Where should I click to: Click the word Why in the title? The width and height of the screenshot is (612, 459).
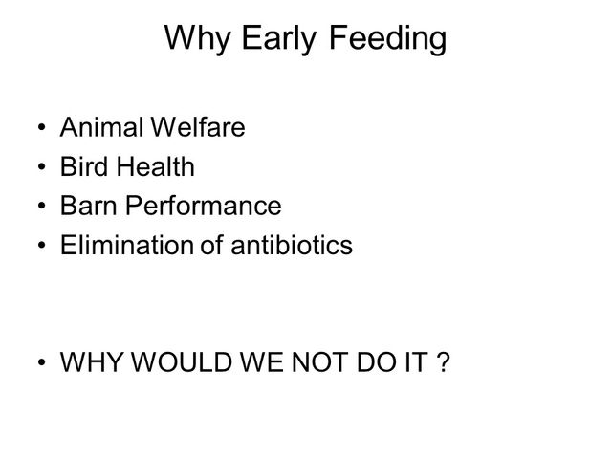197,38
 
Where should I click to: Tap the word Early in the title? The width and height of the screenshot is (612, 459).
278,38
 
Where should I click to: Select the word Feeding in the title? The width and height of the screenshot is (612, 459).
388,38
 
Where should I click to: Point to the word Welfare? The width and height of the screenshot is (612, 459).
198,127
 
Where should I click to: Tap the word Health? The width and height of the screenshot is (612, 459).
156,166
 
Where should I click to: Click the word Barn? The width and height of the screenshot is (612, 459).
88,206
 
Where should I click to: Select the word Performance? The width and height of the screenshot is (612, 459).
204,206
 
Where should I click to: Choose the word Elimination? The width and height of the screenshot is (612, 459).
126,245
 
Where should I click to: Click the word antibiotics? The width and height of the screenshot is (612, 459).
292,245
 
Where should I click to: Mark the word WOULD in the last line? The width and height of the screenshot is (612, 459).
181,362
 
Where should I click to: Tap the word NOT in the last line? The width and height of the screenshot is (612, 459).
319,362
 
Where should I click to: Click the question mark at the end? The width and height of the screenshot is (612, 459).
444,362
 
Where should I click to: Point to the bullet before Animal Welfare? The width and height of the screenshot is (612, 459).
42,127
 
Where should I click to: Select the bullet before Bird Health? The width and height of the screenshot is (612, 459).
42,166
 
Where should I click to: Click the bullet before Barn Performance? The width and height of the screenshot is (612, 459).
42,206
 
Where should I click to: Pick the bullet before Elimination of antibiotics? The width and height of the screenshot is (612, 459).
42,245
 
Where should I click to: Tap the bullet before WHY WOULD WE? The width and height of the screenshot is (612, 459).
42,362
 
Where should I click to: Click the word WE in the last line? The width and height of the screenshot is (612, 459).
261,362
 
